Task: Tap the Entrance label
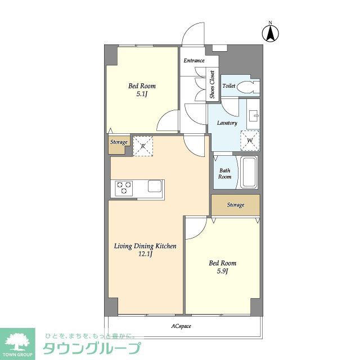[x=194, y=61]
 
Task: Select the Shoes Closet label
[x=212, y=84]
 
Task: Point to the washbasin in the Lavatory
[x=254, y=115]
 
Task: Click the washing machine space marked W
[x=250, y=141]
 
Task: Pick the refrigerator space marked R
[x=143, y=146]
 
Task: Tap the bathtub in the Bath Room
[x=249, y=172]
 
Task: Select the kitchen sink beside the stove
[x=155, y=186]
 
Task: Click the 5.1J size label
[x=142, y=94]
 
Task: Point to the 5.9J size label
[x=223, y=271]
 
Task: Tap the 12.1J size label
[x=145, y=254]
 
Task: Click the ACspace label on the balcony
[x=181, y=326]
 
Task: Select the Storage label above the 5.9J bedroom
[x=236, y=205]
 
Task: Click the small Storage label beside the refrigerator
[x=119, y=142]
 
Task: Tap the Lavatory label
[x=227, y=123]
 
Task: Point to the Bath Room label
[x=225, y=174]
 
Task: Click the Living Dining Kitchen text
[x=145, y=246]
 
